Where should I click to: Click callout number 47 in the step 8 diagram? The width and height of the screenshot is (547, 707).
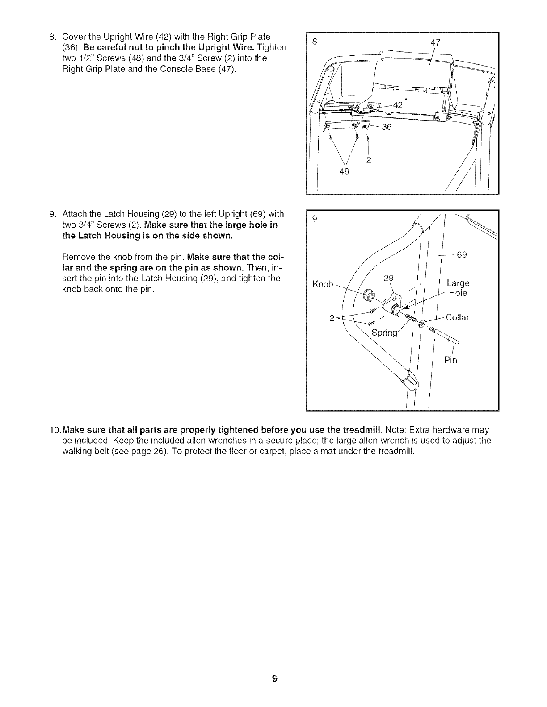(435, 43)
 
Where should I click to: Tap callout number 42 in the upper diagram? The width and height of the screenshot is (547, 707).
(398, 105)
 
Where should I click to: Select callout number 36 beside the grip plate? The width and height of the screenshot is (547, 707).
(387, 127)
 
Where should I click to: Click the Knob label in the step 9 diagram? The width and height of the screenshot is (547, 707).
(323, 284)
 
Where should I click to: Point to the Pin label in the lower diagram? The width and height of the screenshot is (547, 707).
(451, 360)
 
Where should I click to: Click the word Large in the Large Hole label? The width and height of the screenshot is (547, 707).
(458, 283)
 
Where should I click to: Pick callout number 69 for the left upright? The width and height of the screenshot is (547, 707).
(462, 255)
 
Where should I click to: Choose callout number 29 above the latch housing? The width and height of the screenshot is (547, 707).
(389, 278)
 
